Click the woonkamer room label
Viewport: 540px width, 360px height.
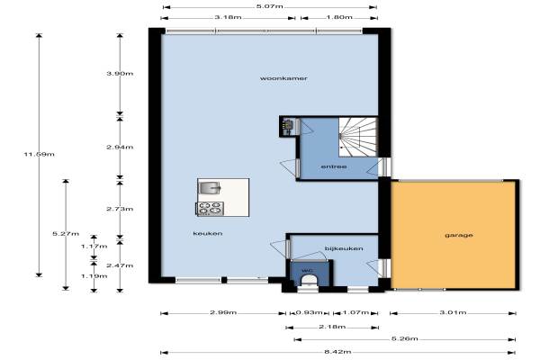tap(283, 78)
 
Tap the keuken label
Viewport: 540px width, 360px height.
tap(208, 233)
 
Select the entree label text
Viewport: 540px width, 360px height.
tap(334, 166)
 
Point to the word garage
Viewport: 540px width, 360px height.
tap(459, 235)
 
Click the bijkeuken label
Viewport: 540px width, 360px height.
tap(344, 248)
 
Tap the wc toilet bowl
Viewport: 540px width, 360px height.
tap(308, 282)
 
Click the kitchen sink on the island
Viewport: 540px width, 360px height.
tap(210, 188)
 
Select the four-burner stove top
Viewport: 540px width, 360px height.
tap(210, 209)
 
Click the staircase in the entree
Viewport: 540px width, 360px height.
tap(358, 137)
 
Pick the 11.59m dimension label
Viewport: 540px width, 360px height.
tap(39, 154)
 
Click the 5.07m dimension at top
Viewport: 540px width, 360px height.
tap(270, 6)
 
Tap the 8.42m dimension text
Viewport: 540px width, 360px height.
tap(337, 352)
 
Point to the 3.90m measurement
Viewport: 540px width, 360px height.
tap(120, 74)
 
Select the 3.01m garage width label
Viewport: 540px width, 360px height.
tap(453, 312)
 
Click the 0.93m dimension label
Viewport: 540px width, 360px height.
tap(309, 312)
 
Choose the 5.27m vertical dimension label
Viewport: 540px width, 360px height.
tap(66, 234)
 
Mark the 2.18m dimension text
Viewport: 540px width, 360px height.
tap(332, 327)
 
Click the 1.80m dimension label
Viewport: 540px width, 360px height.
tap(339, 17)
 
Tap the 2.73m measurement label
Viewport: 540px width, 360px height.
tap(120, 209)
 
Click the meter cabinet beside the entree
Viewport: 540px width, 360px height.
tap(288, 127)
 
